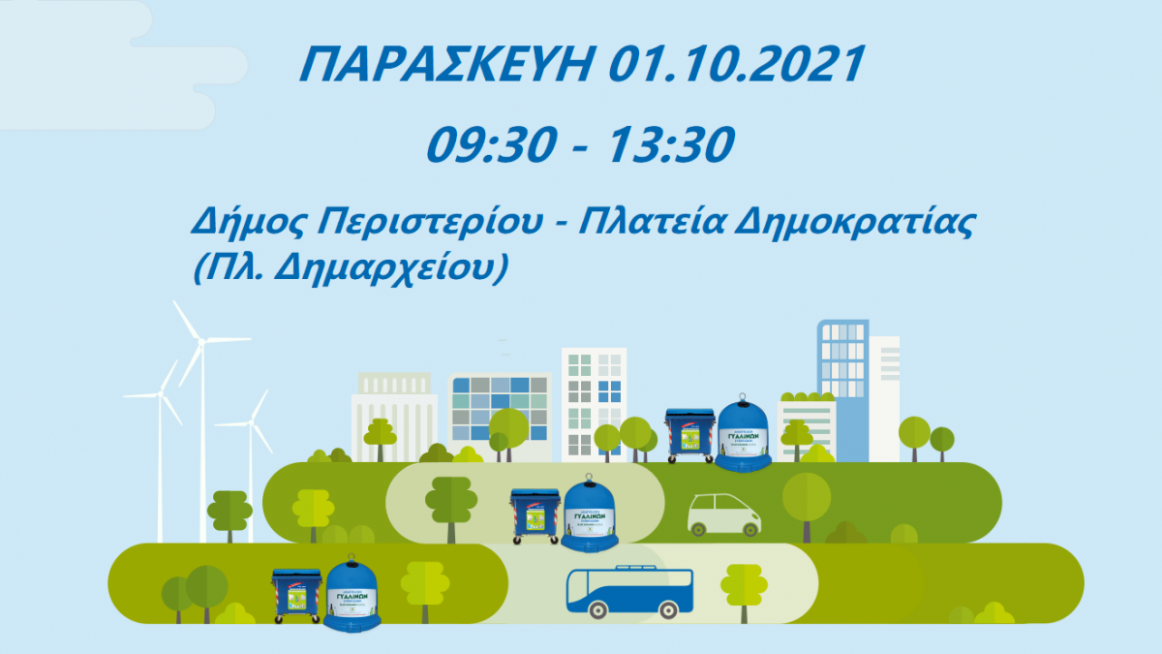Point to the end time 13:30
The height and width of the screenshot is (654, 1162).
(x=667, y=145)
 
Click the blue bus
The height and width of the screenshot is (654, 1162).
(x=629, y=591)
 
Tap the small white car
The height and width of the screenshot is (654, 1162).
(x=723, y=514)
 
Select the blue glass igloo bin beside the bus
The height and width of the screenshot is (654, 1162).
(x=352, y=594)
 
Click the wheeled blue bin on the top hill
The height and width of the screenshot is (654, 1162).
(x=689, y=435)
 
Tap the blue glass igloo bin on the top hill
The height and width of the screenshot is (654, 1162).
(x=743, y=436)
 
